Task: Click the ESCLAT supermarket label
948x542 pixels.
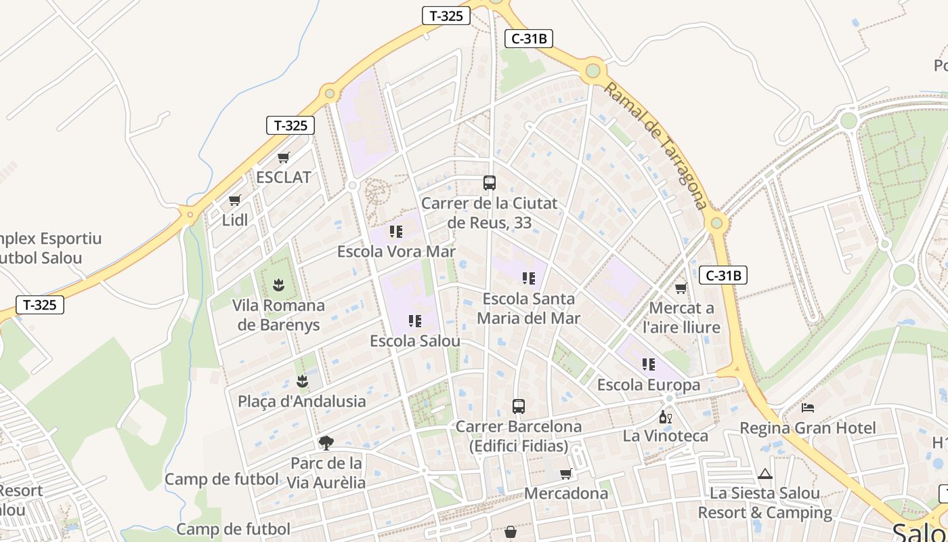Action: click(284, 178)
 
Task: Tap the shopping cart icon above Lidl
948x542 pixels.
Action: click(234, 201)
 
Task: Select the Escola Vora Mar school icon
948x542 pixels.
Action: click(396, 232)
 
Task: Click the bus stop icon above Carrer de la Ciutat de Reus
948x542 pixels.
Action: click(489, 183)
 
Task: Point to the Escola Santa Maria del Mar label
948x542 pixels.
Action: click(528, 308)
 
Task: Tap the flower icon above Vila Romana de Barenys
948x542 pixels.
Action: click(278, 285)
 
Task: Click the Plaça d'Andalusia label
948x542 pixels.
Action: click(301, 401)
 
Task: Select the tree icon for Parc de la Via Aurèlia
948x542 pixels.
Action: click(326, 443)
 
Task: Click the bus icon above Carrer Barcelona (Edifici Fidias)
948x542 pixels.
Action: click(519, 406)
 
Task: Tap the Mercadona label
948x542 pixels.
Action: click(566, 493)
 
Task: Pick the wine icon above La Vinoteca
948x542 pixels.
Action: click(666, 417)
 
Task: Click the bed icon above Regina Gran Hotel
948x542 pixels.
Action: click(808, 408)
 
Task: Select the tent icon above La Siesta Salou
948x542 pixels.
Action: click(765, 474)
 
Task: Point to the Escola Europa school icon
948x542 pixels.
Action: click(649, 364)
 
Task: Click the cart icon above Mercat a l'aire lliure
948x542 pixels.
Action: click(681, 288)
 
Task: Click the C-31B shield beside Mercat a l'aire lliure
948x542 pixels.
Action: click(723, 275)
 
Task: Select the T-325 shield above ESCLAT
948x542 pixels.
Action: click(290, 125)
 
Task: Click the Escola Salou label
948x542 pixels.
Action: click(414, 341)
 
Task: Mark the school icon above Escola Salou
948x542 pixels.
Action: click(415, 320)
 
